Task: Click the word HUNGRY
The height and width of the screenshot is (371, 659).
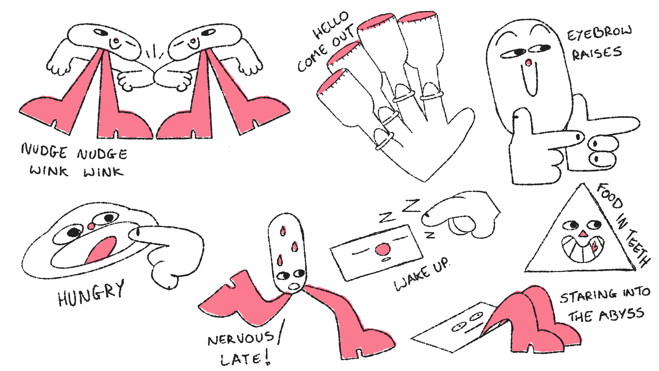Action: tap(91, 294)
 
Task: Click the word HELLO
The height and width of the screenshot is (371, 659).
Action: tap(331, 25)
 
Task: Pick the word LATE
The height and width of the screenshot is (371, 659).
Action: tap(240, 359)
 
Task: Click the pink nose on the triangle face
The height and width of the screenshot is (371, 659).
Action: tap(583, 234)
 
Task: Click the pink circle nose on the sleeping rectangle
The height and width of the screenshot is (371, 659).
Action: tap(382, 249)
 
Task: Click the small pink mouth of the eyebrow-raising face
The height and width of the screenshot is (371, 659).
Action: tap(529, 63)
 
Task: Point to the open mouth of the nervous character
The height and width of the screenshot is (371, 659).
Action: tap(294, 286)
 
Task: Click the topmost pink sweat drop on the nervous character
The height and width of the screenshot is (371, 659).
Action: tap(283, 231)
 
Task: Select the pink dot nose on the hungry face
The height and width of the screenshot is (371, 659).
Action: tap(91, 226)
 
